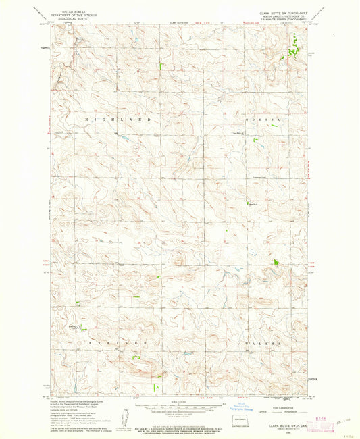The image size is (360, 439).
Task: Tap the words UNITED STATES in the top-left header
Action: [x=72, y=12]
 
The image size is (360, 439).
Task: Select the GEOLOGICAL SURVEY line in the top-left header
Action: [x=72, y=20]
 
